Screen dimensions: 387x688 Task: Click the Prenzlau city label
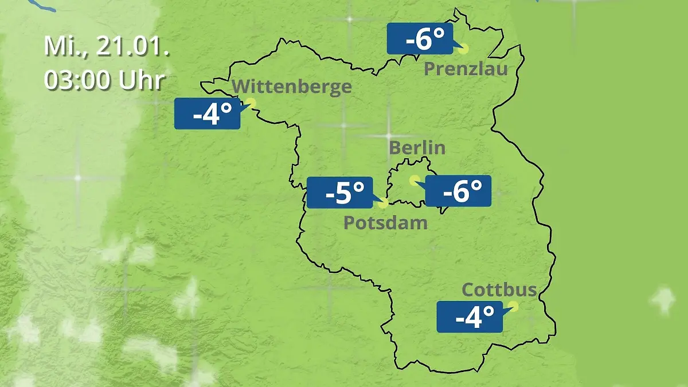tap(466, 69)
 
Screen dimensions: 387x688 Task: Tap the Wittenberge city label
tap(292, 87)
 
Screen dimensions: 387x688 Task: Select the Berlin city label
tap(417, 147)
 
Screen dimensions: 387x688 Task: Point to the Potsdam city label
tap(385, 222)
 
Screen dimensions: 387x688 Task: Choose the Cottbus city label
tap(499, 290)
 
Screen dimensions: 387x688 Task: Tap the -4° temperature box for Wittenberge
tap(207, 114)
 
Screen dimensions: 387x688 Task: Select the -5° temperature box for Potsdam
tap(340, 193)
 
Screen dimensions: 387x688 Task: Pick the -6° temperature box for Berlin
tap(458, 191)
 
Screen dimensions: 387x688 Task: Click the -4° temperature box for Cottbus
tap(470, 316)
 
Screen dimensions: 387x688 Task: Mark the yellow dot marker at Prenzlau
tap(463, 49)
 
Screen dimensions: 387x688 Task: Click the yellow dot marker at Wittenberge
tap(250, 103)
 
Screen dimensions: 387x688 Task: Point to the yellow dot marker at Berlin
tap(413, 180)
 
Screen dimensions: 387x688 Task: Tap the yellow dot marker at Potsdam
tap(384, 202)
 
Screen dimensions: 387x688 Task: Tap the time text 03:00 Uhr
tap(104, 80)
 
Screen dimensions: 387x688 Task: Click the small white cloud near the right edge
tap(663, 299)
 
